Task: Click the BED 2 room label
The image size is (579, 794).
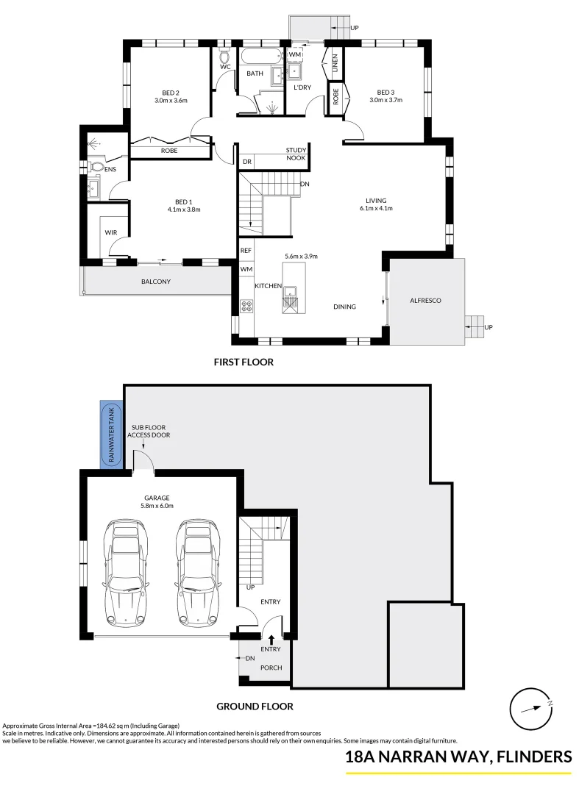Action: click(171, 92)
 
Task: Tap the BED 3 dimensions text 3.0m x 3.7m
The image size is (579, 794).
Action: click(386, 100)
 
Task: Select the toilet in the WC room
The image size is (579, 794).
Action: click(225, 56)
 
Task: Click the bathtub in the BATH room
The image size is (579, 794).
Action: click(258, 56)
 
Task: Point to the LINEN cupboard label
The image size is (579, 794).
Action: click(335, 63)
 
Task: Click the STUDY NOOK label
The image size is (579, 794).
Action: click(296, 154)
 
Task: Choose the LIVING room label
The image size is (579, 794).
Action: click(376, 201)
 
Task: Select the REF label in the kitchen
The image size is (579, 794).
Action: click(246, 251)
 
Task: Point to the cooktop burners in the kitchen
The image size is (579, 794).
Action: click(245, 304)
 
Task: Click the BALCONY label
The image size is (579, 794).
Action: click(155, 282)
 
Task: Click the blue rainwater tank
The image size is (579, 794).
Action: click(112, 434)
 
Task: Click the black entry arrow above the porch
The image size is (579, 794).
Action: click(271, 640)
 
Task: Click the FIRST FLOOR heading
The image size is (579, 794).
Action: click(243, 362)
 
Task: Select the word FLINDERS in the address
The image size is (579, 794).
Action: click(533, 757)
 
